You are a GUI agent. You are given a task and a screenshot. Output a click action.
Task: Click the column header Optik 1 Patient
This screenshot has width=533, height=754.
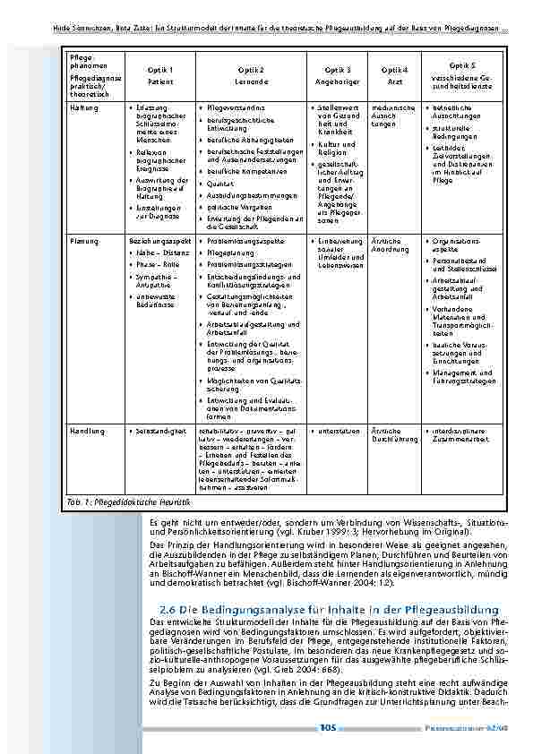160,75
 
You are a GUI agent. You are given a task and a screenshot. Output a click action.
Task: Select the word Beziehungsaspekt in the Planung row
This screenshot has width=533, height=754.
159,242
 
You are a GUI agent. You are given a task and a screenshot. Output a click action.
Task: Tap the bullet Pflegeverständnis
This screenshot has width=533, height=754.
237,108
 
